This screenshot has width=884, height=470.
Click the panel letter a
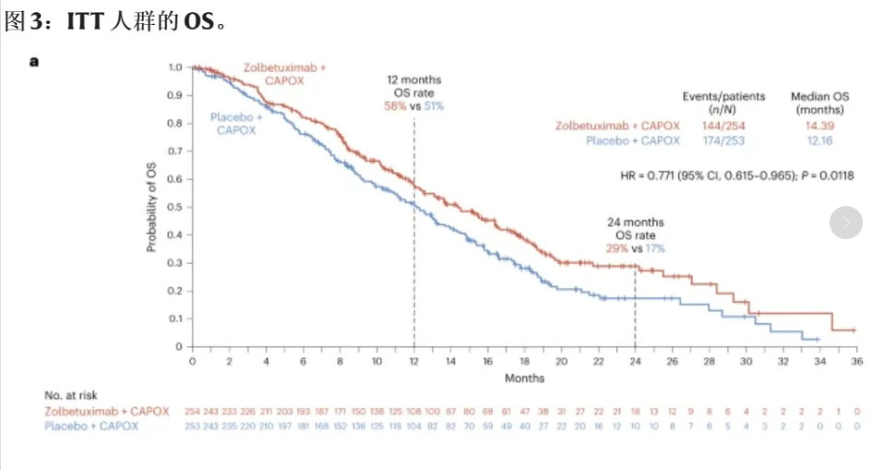point(34,61)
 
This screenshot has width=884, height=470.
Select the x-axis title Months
point(524,378)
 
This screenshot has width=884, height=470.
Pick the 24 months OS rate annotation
point(635,235)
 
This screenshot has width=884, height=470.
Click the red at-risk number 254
point(192,411)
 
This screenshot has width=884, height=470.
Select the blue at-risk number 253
point(192,426)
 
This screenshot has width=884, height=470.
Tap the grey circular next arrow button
point(846,223)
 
